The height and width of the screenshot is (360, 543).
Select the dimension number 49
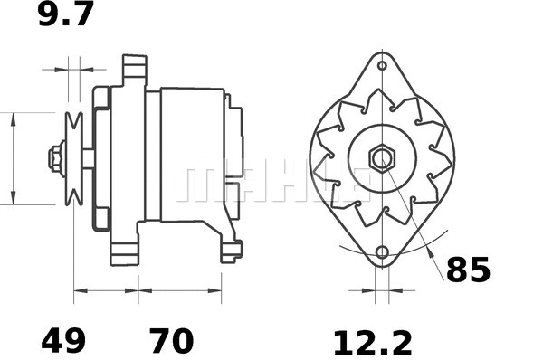click(x=63, y=342)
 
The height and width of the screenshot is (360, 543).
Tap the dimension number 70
click(x=171, y=342)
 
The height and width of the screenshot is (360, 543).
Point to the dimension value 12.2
click(x=372, y=343)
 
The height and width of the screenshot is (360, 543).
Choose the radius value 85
click(x=468, y=270)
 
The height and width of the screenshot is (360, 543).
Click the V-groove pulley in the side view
click(x=74, y=158)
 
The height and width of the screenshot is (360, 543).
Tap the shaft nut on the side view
click(x=56, y=158)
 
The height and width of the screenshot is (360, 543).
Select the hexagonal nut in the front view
click(x=382, y=158)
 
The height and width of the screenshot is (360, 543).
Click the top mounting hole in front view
click(x=382, y=66)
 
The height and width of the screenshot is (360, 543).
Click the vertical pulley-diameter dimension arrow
click(x=13, y=158)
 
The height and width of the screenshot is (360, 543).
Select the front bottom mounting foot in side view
click(x=124, y=249)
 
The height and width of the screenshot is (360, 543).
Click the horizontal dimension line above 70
click(x=180, y=291)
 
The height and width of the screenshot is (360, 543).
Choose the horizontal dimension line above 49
click(x=106, y=291)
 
